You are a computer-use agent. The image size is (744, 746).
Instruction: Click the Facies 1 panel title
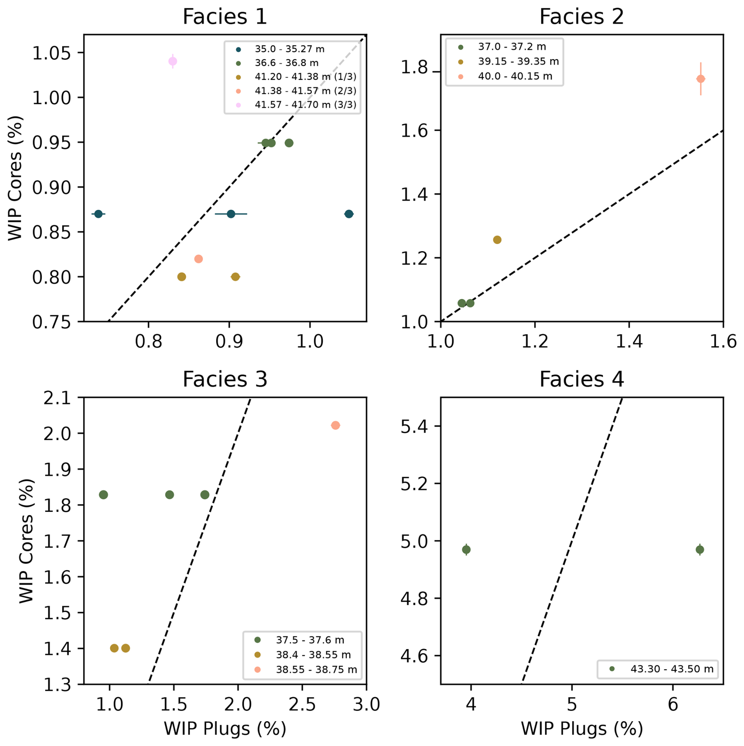(x=225, y=17)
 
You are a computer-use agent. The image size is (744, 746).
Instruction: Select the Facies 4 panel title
(x=581, y=379)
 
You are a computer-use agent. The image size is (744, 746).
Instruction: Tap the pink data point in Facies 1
(x=173, y=61)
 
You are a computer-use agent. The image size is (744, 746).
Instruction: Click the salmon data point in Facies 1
(x=199, y=259)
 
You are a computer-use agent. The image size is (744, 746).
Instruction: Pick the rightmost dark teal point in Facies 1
(x=349, y=214)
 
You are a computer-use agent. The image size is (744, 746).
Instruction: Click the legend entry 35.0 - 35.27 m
(x=289, y=49)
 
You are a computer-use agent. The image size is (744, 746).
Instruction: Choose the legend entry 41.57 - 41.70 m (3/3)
(x=305, y=105)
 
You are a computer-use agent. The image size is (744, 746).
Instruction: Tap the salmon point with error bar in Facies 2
(x=700, y=79)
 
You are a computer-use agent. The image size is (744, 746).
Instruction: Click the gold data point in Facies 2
(x=497, y=240)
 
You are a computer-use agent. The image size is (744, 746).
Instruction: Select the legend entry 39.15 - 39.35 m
(x=518, y=61)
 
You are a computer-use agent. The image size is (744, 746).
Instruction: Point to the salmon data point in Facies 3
(x=335, y=426)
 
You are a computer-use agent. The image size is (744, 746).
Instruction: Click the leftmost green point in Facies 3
(x=103, y=495)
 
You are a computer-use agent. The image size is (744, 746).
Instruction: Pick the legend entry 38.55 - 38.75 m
(x=316, y=670)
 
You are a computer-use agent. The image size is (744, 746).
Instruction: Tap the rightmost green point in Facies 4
(x=700, y=550)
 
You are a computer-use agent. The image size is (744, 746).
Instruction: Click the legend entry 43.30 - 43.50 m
(x=672, y=669)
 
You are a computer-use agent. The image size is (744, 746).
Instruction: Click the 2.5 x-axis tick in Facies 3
(x=302, y=705)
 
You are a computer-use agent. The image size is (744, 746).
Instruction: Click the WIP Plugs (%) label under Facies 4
(x=582, y=729)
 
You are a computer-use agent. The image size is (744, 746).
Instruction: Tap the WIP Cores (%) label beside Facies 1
(x=16, y=178)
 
